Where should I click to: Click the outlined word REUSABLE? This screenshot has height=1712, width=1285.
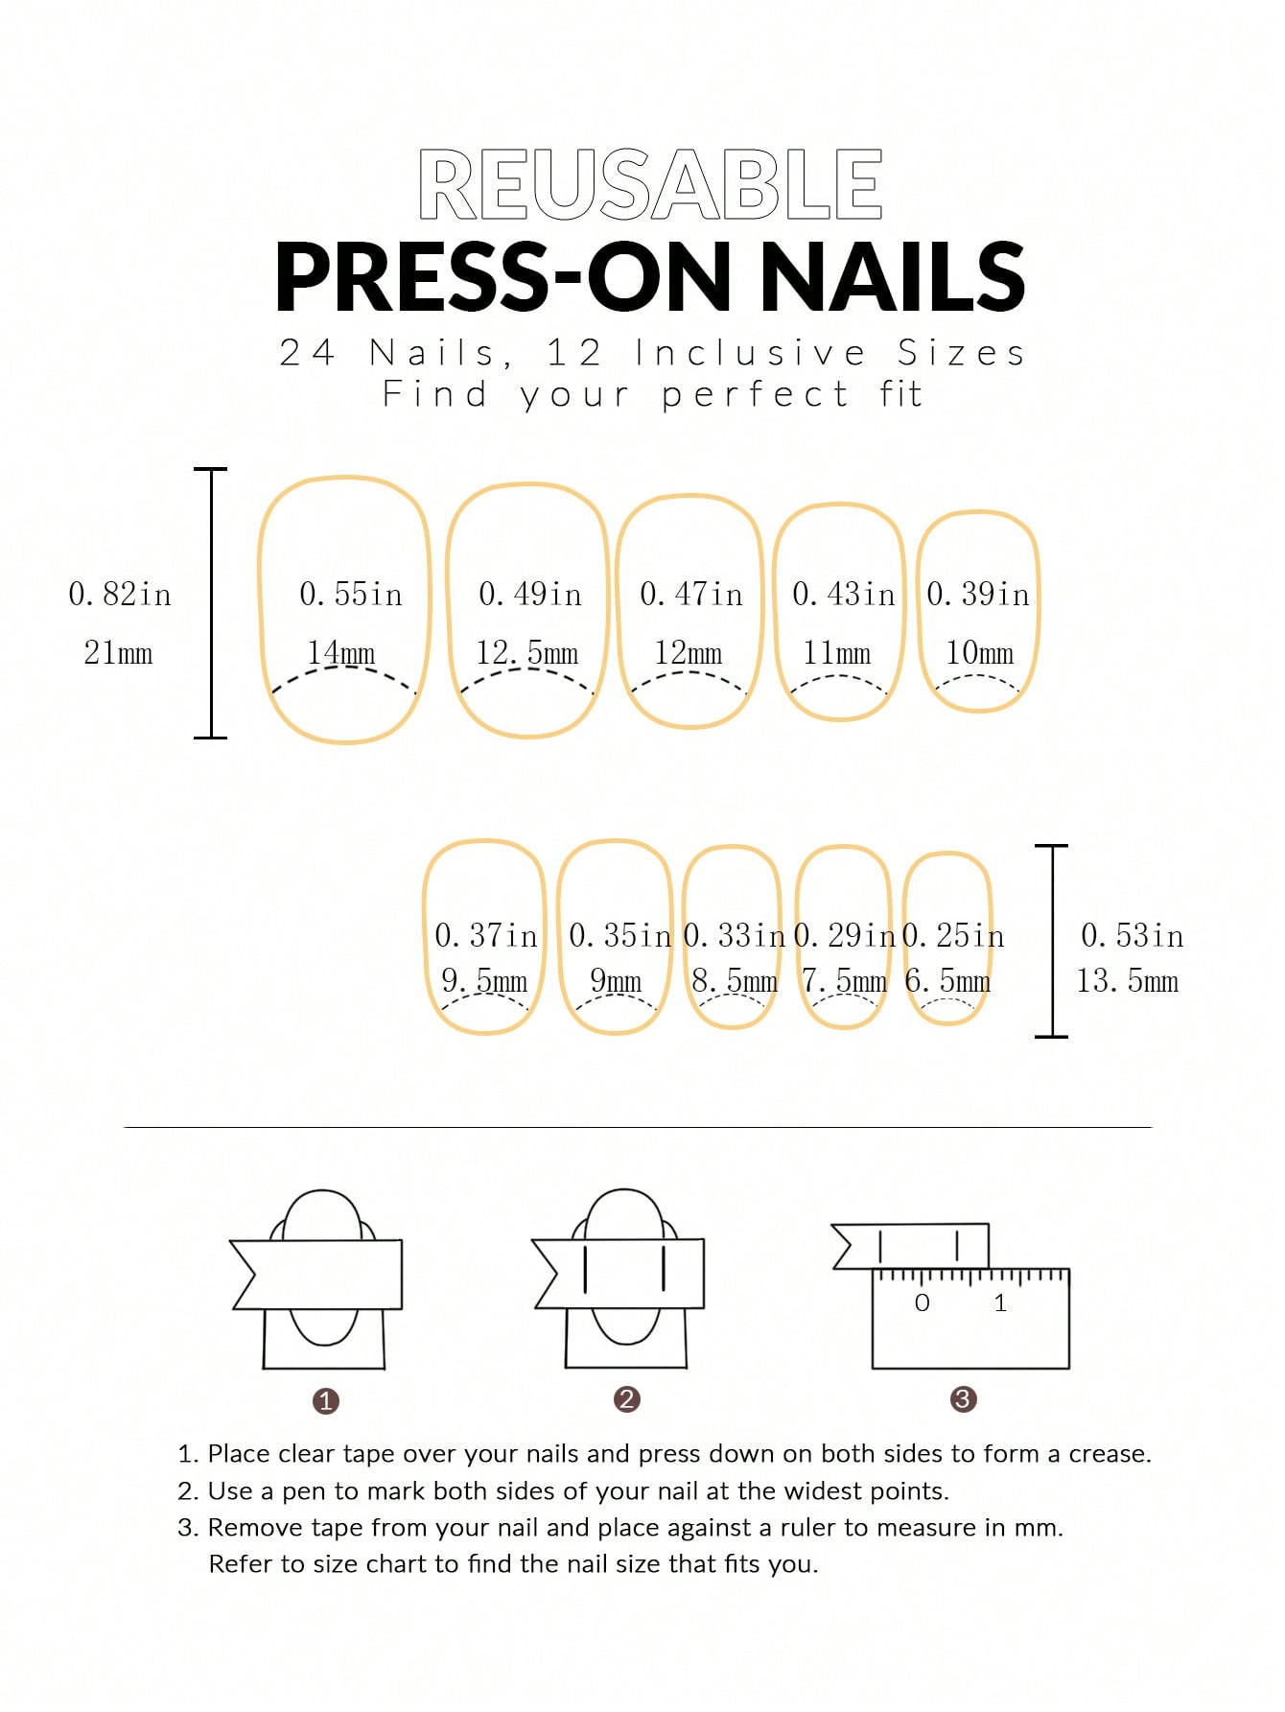click(x=650, y=185)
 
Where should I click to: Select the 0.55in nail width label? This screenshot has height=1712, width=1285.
click(x=351, y=595)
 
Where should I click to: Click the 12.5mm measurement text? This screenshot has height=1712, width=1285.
click(x=527, y=653)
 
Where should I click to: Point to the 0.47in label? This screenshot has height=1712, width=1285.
click(x=691, y=595)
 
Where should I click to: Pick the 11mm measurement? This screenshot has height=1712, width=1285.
click(x=837, y=653)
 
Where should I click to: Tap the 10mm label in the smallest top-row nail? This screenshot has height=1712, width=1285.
click(x=979, y=653)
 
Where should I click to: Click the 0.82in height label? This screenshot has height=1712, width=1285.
click(x=120, y=595)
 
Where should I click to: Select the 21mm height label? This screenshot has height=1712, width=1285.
click(x=118, y=653)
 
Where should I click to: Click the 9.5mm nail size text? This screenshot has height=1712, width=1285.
click(x=484, y=980)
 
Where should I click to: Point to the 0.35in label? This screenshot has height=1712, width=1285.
click(x=620, y=936)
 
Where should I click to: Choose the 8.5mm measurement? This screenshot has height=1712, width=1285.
click(x=735, y=980)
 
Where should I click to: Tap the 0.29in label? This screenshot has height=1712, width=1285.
click(x=845, y=936)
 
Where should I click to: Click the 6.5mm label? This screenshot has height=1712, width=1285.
click(x=947, y=980)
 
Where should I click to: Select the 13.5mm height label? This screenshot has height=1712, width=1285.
click(x=1128, y=980)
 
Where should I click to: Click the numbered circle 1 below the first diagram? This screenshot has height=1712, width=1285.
click(x=326, y=1401)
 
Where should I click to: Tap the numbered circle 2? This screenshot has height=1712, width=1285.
click(x=627, y=1399)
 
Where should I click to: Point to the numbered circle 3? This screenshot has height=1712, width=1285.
click(x=963, y=1399)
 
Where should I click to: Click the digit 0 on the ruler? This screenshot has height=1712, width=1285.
click(x=923, y=1302)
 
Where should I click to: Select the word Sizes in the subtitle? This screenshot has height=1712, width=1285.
click(x=962, y=353)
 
